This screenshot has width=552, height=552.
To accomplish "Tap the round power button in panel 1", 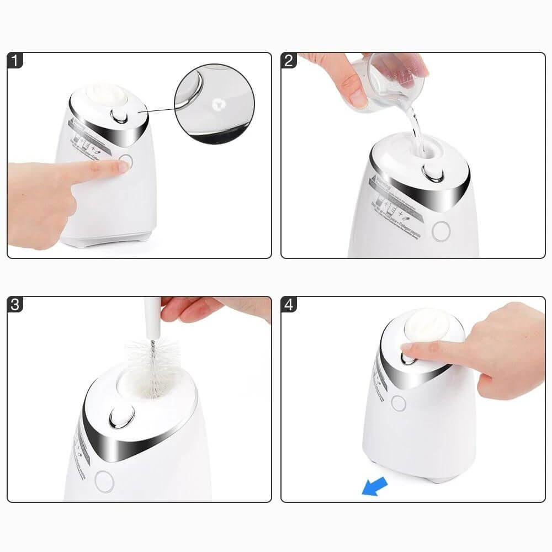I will [x=126, y=163].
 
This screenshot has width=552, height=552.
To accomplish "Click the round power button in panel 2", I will [x=440, y=231].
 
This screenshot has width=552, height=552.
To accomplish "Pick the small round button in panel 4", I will [x=399, y=404].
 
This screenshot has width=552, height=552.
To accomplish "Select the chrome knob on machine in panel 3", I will [x=119, y=418].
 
